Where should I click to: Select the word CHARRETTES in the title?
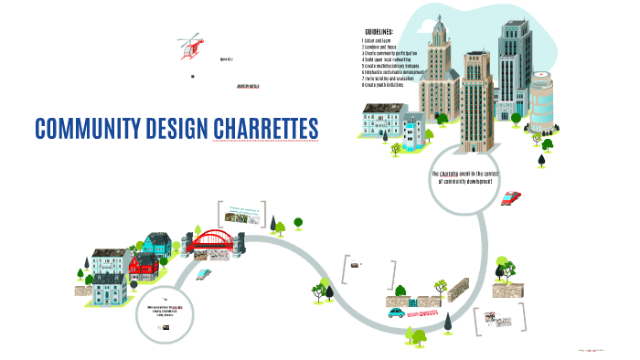click(x=266, y=128)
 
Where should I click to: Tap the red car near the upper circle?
click(x=512, y=196)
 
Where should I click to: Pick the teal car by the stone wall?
click(x=395, y=311)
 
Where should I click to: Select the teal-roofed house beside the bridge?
click(x=156, y=243)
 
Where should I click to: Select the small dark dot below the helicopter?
click(x=192, y=77)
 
